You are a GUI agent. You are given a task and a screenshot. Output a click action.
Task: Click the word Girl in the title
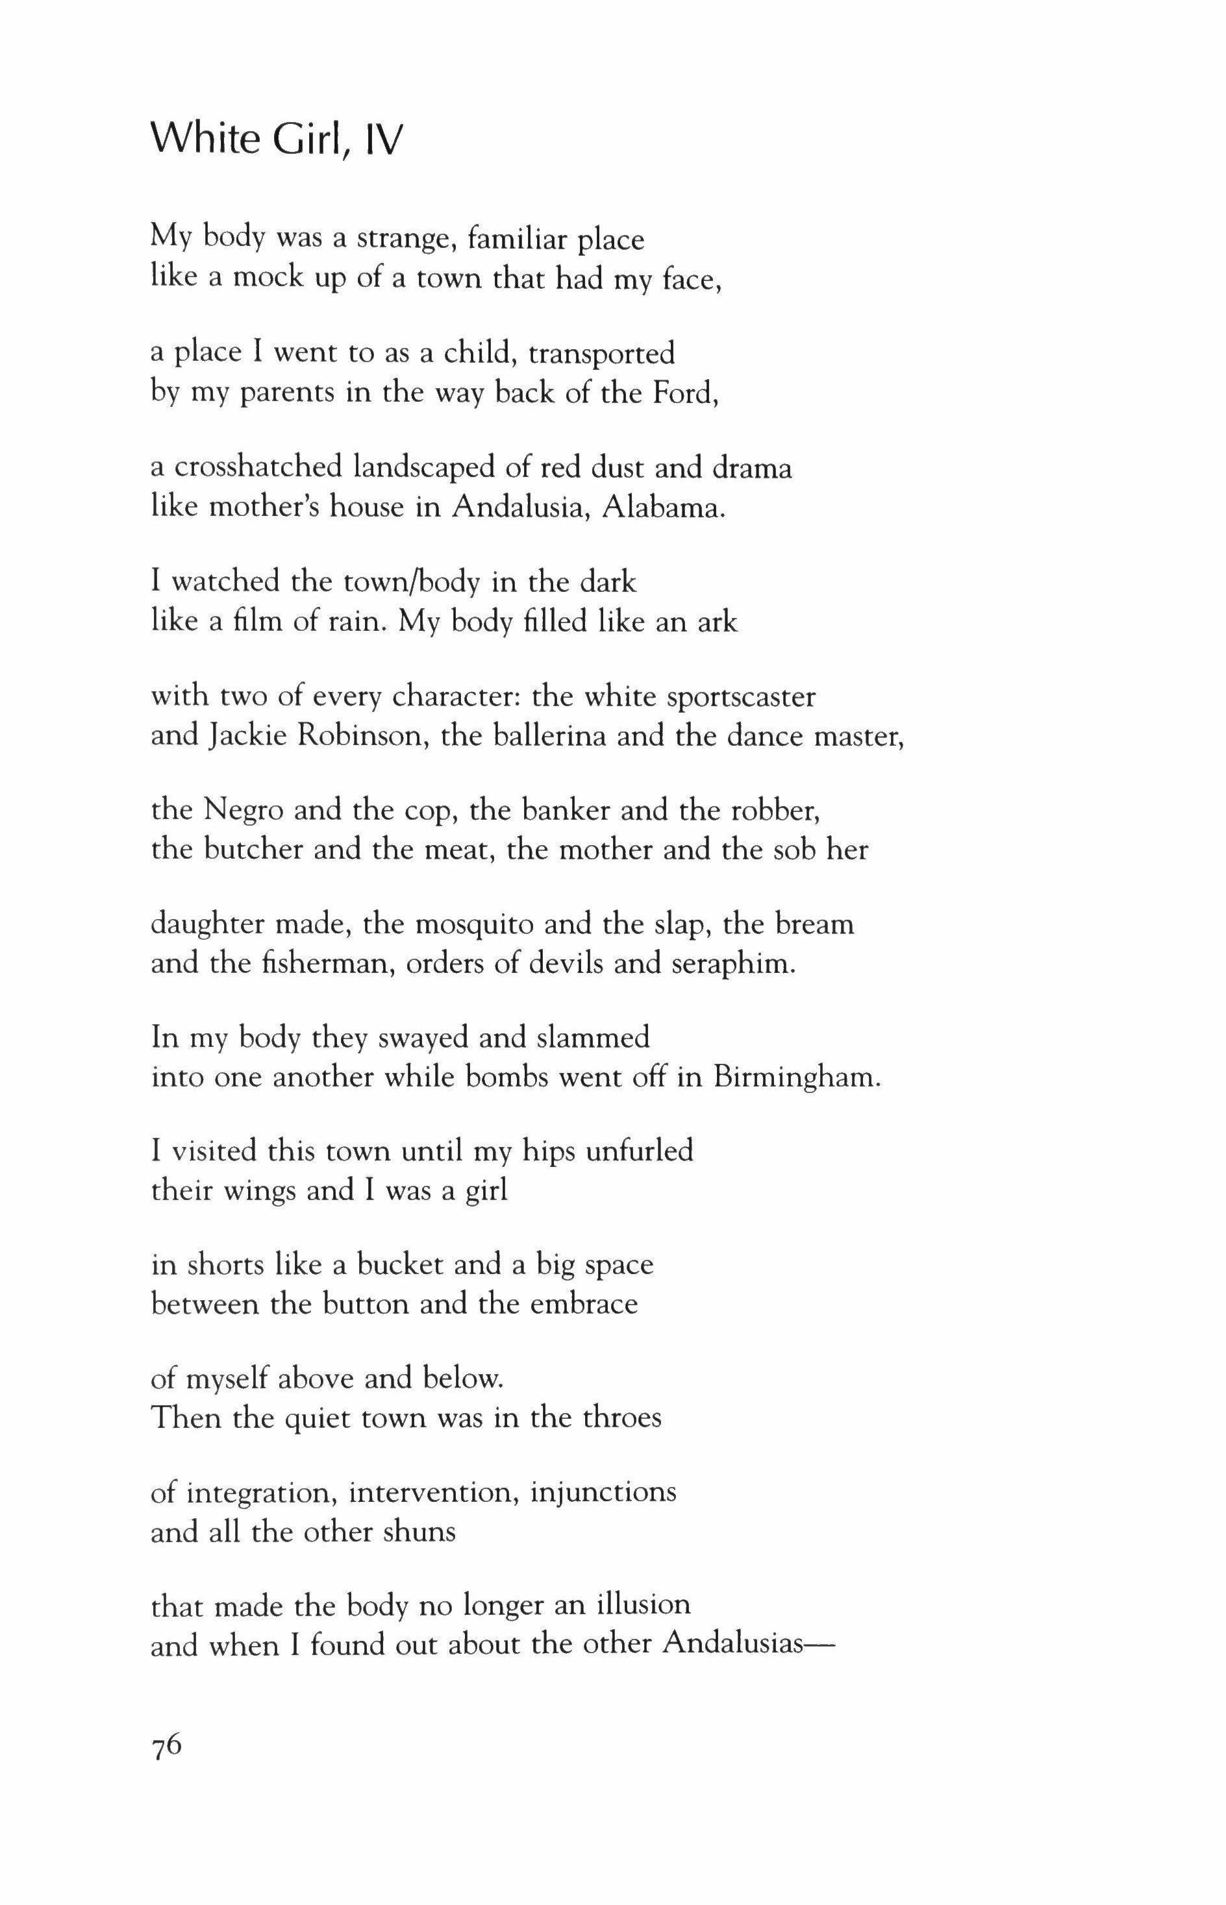[310, 140]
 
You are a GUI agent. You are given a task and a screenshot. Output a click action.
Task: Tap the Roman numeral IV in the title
[384, 140]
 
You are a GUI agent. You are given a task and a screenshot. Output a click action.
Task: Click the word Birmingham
[797, 1077]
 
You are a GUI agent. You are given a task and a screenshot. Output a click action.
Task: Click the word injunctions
[603, 1492]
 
